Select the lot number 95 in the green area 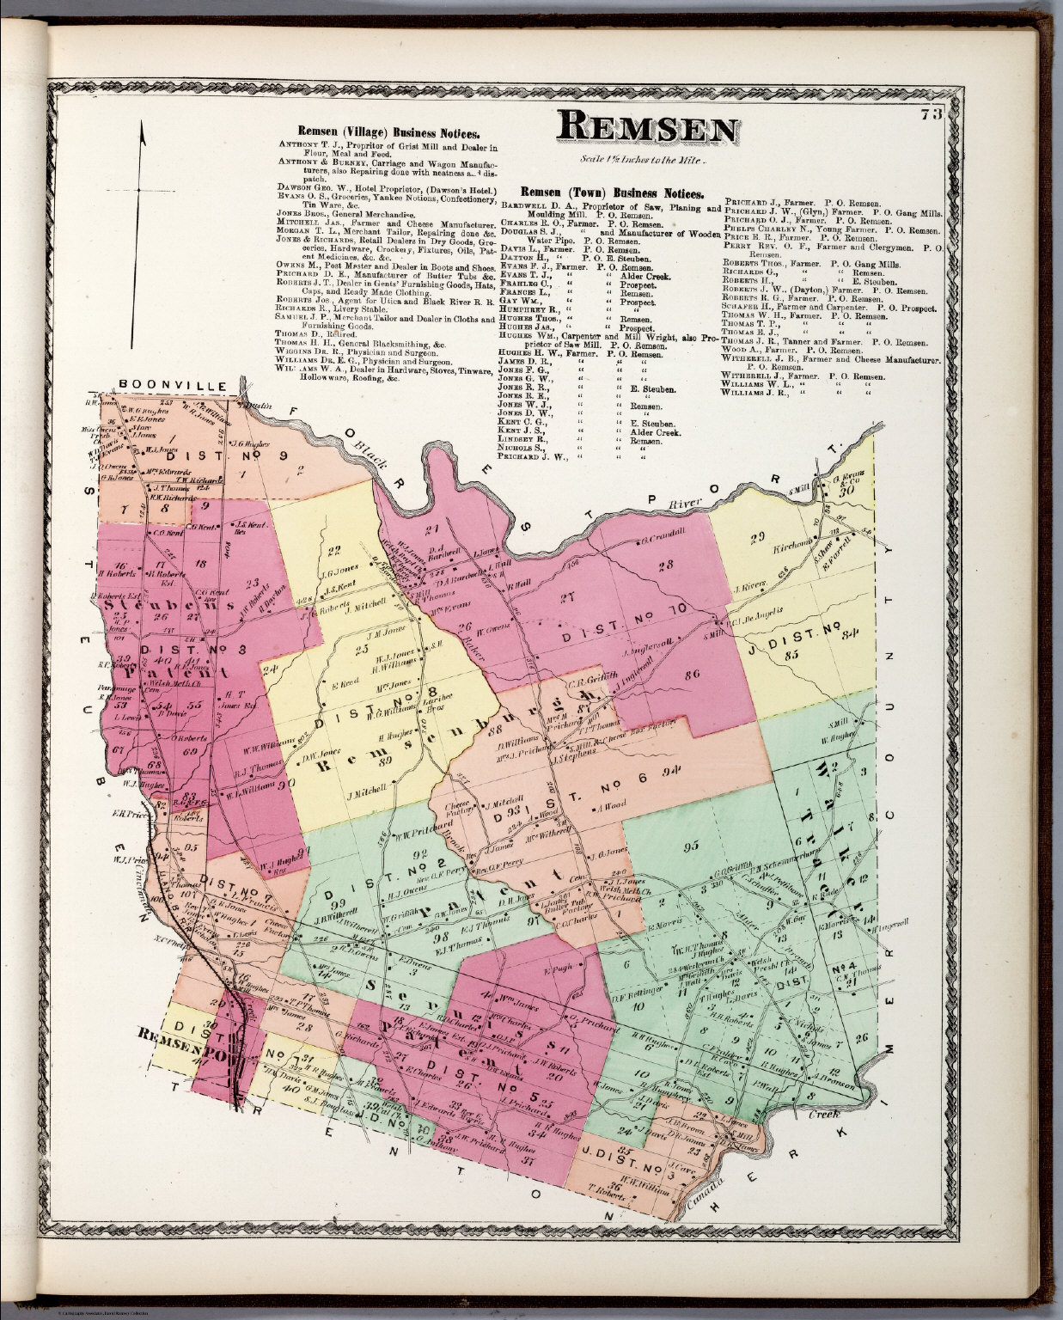pyautogui.click(x=688, y=847)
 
